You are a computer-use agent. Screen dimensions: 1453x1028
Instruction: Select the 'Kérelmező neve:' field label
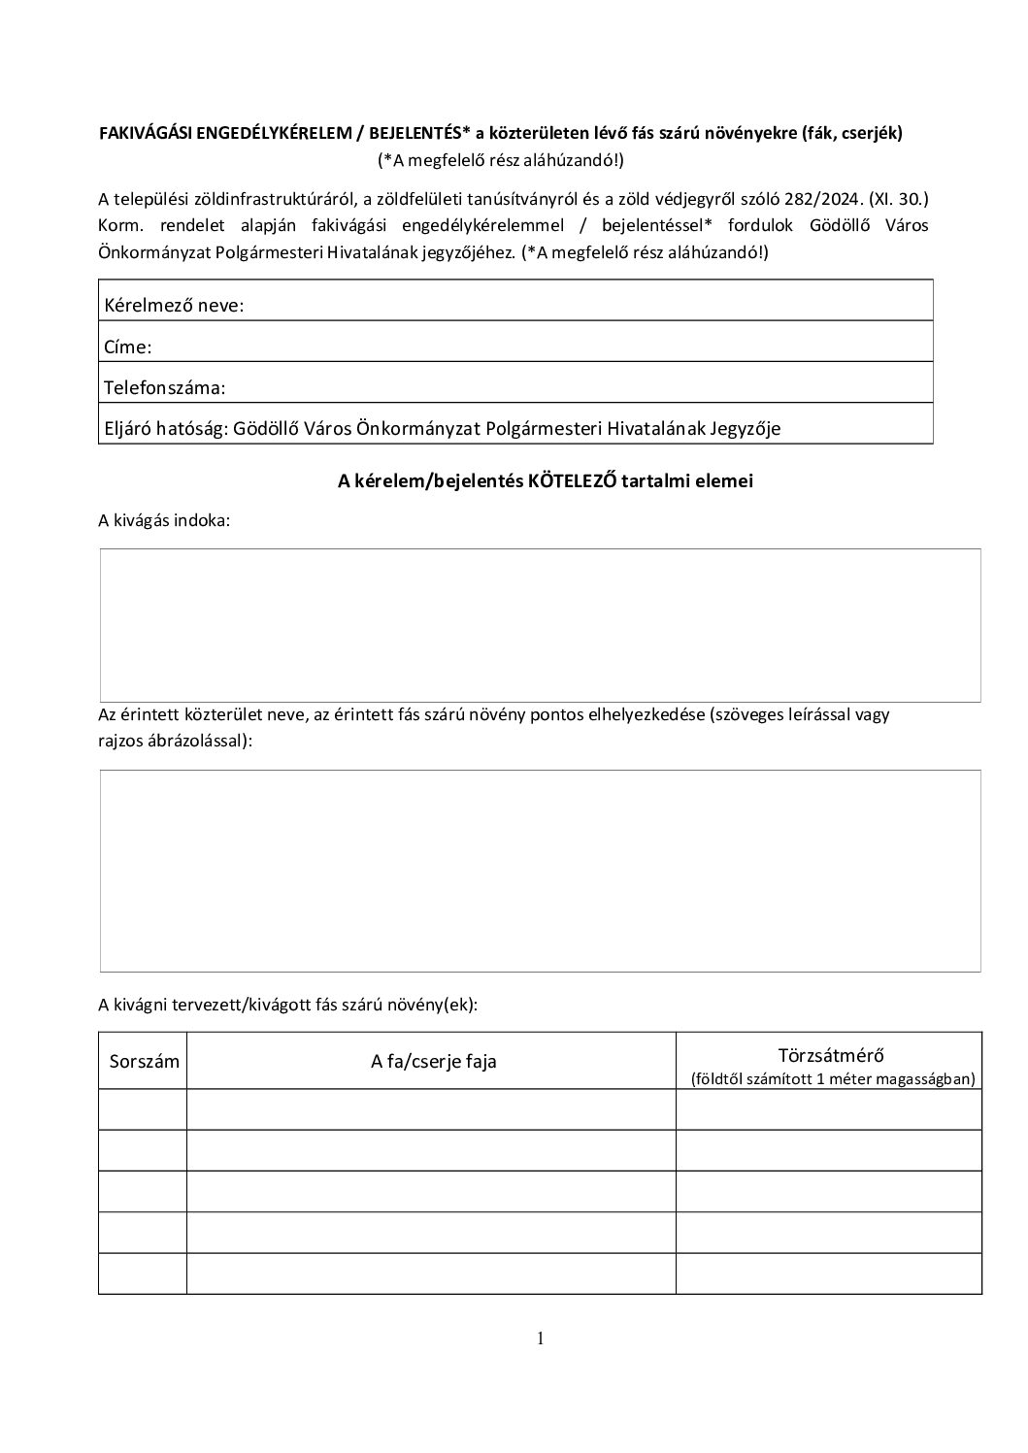click(x=174, y=306)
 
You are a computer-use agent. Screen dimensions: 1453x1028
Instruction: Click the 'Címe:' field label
click(x=128, y=347)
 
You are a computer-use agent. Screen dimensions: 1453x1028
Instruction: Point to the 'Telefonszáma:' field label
click(x=164, y=387)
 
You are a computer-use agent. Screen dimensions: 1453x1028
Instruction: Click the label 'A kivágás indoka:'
click(x=164, y=520)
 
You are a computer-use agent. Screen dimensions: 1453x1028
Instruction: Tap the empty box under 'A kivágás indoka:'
click(x=540, y=625)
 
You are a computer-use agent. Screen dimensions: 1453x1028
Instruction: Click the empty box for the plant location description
click(x=540, y=871)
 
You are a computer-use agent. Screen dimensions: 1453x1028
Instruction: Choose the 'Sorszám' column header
click(x=145, y=1061)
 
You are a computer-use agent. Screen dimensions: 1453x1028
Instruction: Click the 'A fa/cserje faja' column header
click(x=433, y=1061)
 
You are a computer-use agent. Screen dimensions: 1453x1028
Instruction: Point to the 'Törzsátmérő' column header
click(x=831, y=1055)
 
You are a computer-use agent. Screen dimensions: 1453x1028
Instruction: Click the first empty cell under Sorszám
click(x=143, y=1109)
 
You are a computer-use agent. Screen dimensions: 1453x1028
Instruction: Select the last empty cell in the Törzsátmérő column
click(x=828, y=1273)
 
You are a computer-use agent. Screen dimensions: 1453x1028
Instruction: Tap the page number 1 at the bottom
click(x=540, y=1339)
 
